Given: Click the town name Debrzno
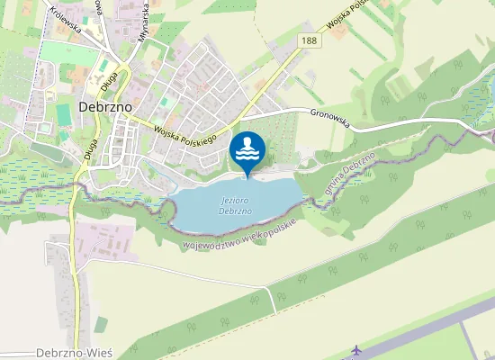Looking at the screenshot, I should [x=106, y=106].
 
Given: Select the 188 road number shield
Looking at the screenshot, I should [x=310, y=41].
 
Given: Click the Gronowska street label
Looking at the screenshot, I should [x=334, y=115].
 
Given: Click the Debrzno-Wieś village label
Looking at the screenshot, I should [x=75, y=353].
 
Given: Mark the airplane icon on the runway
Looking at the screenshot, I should [x=357, y=349].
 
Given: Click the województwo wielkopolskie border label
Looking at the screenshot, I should [x=239, y=234].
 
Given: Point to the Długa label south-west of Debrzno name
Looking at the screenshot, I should [x=91, y=147].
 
